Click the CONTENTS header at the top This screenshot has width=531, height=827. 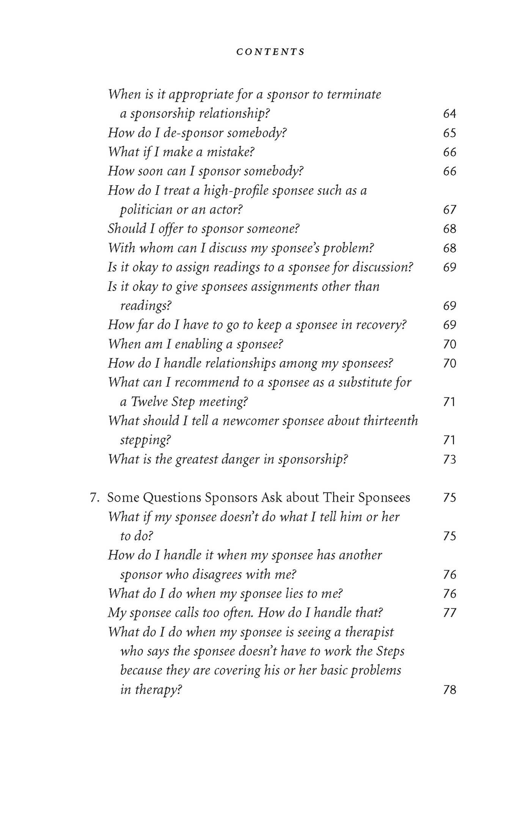(270, 52)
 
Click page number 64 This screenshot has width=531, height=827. (449, 114)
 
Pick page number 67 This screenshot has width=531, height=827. (449, 210)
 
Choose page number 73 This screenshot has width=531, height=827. (449, 460)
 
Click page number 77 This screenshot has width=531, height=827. (449, 613)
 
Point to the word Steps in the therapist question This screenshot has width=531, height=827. (390, 651)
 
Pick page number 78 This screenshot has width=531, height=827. (449, 690)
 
